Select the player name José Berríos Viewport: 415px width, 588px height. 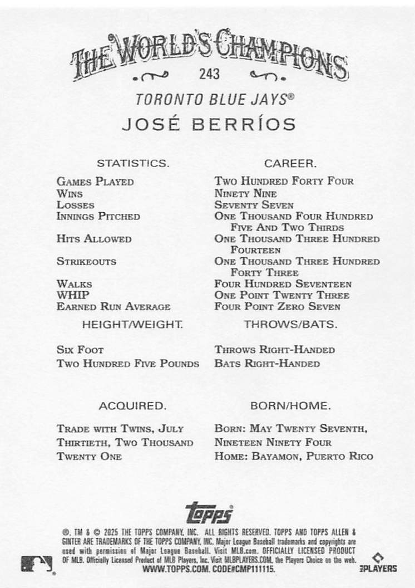pyautogui.click(x=209, y=124)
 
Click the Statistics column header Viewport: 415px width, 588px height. pyautogui.click(x=133, y=164)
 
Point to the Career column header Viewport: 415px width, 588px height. pyautogui.click(x=290, y=164)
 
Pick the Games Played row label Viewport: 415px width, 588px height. pyautogui.click(x=95, y=182)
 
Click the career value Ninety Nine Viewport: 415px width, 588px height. pyautogui.click(x=246, y=194)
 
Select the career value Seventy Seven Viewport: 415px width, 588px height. pyautogui.click(x=254, y=205)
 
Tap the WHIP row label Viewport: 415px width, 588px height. pyautogui.click(x=73, y=295)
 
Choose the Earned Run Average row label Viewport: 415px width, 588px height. pyautogui.click(x=113, y=307)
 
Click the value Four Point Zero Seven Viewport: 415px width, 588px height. pyautogui.click(x=278, y=307)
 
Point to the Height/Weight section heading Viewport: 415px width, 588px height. pyautogui.click(x=132, y=324)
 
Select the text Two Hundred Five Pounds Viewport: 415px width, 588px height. pyautogui.click(x=128, y=364)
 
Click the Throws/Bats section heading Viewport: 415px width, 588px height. pyautogui.click(x=290, y=324)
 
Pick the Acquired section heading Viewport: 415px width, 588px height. pyautogui.click(x=132, y=406)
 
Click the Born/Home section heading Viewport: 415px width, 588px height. pyautogui.click(x=290, y=406)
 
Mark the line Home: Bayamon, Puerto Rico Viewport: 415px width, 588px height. pyautogui.click(x=294, y=456)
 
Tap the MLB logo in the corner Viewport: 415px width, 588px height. pyautogui.click(x=37, y=563)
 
